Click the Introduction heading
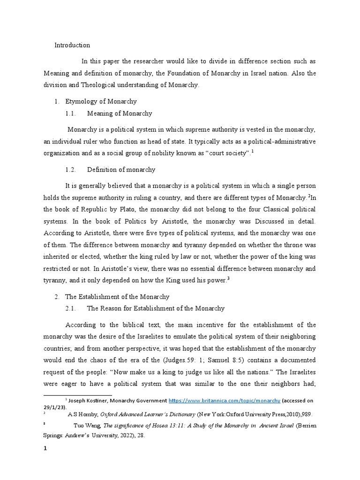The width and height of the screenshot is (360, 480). [x=72, y=45]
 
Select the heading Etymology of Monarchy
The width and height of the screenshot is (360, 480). [x=101, y=101]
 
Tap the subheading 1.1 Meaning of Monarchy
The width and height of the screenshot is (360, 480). [x=120, y=113]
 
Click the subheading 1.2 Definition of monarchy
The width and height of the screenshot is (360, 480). [x=121, y=169]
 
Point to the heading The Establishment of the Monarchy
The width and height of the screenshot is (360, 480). [x=117, y=297]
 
